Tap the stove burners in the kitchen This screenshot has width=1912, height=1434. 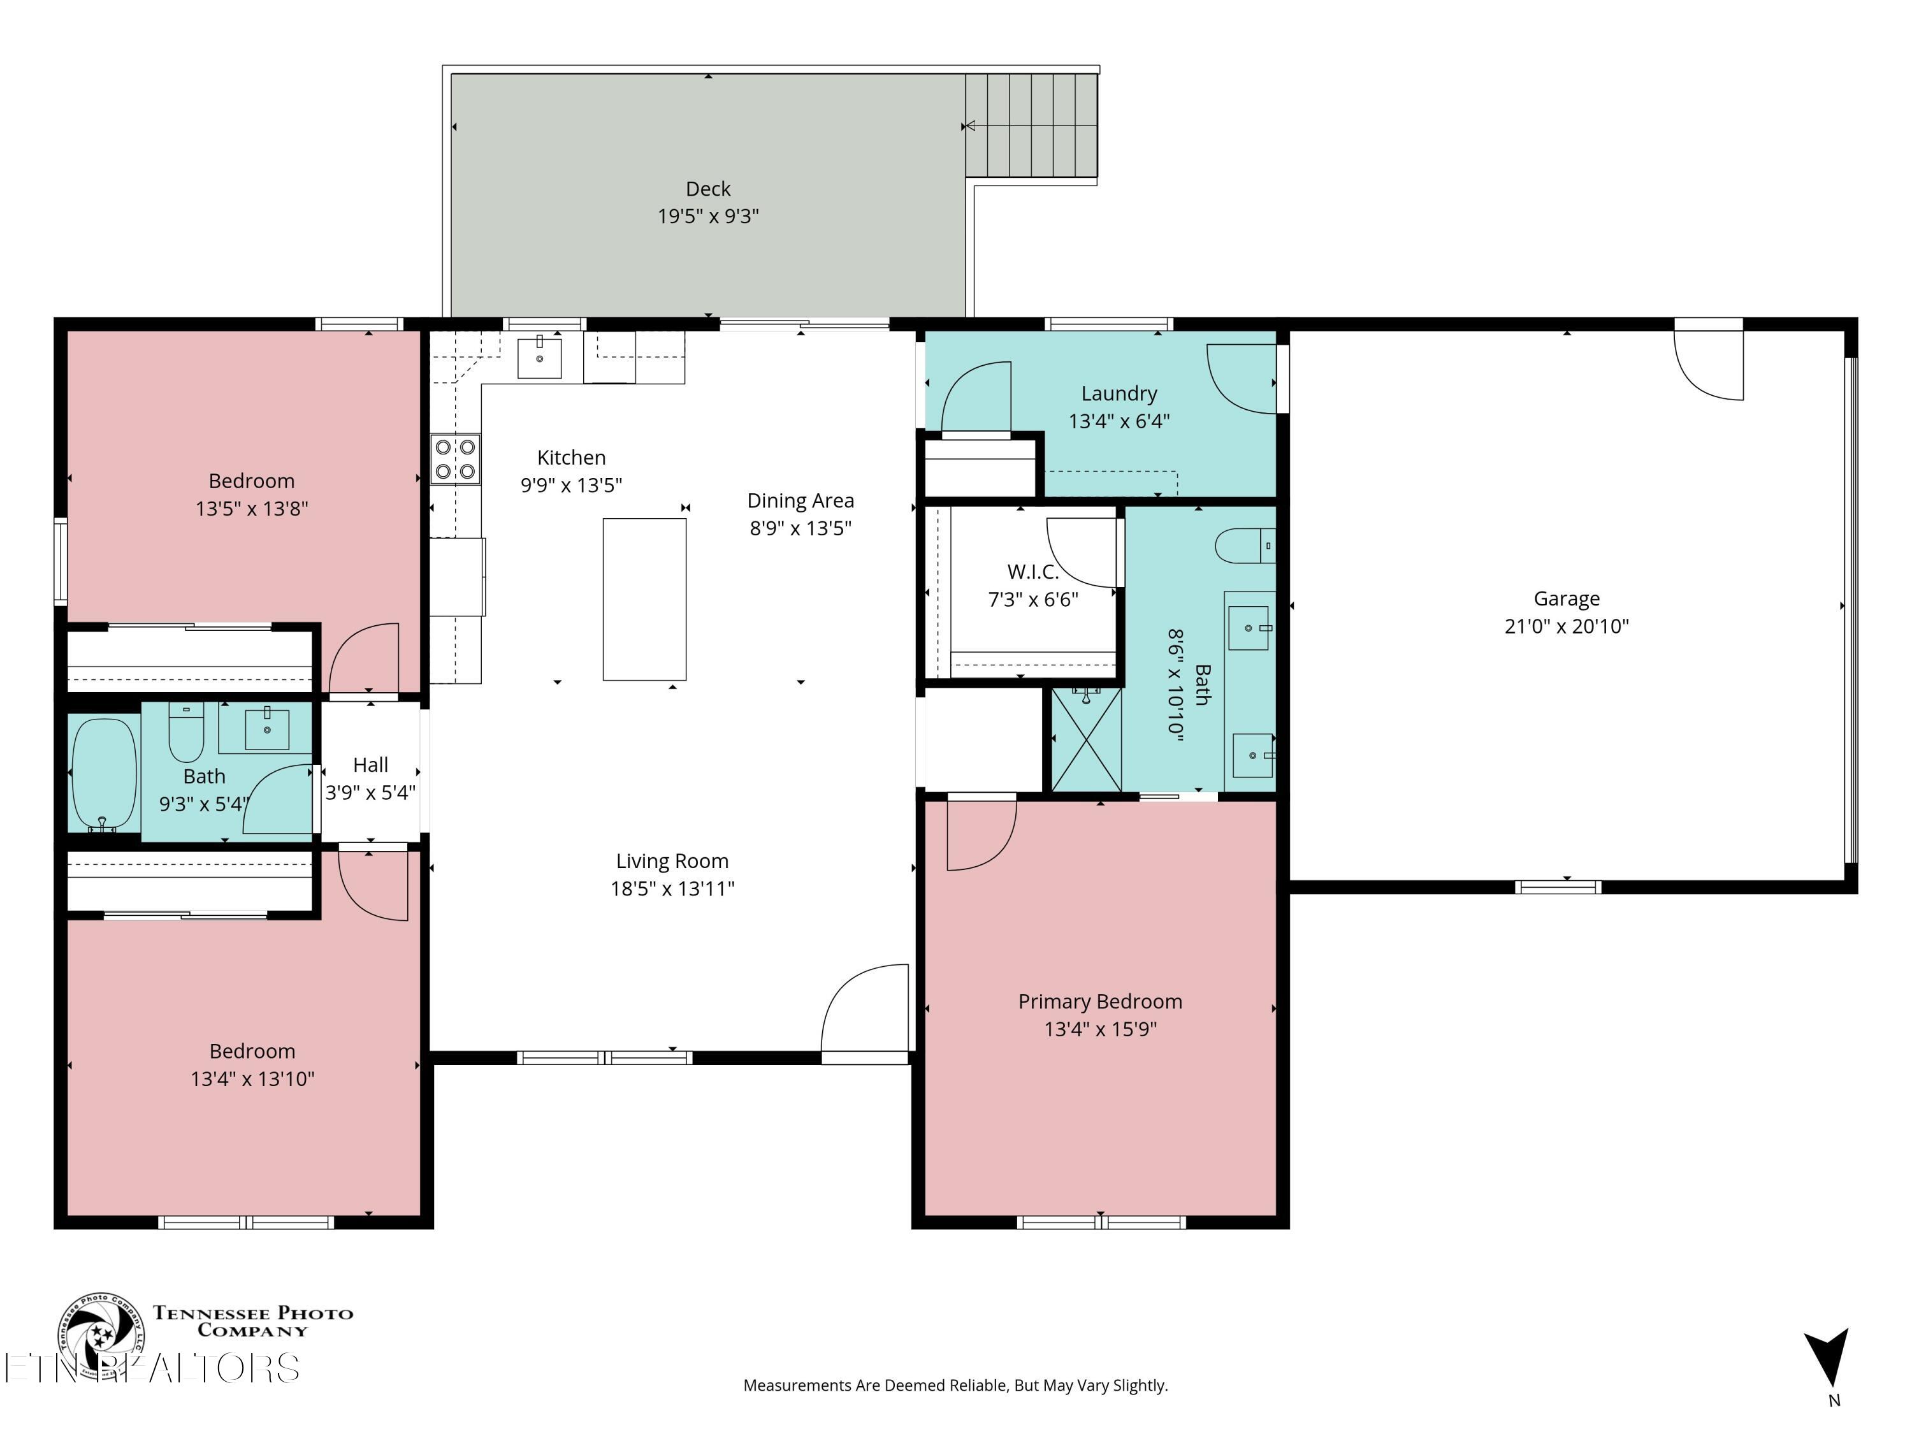[456, 459]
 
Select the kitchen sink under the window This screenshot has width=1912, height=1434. [539, 357]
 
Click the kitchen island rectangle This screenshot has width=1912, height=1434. [644, 599]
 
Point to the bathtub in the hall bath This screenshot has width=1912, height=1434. [104, 774]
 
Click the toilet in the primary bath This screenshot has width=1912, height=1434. [1244, 546]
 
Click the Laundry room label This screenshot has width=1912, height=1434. [1119, 394]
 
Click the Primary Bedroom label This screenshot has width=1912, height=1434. [1099, 1002]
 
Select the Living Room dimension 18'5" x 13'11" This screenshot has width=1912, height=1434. [672, 888]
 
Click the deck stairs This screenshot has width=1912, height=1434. [1031, 126]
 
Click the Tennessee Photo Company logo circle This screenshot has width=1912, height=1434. [101, 1335]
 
